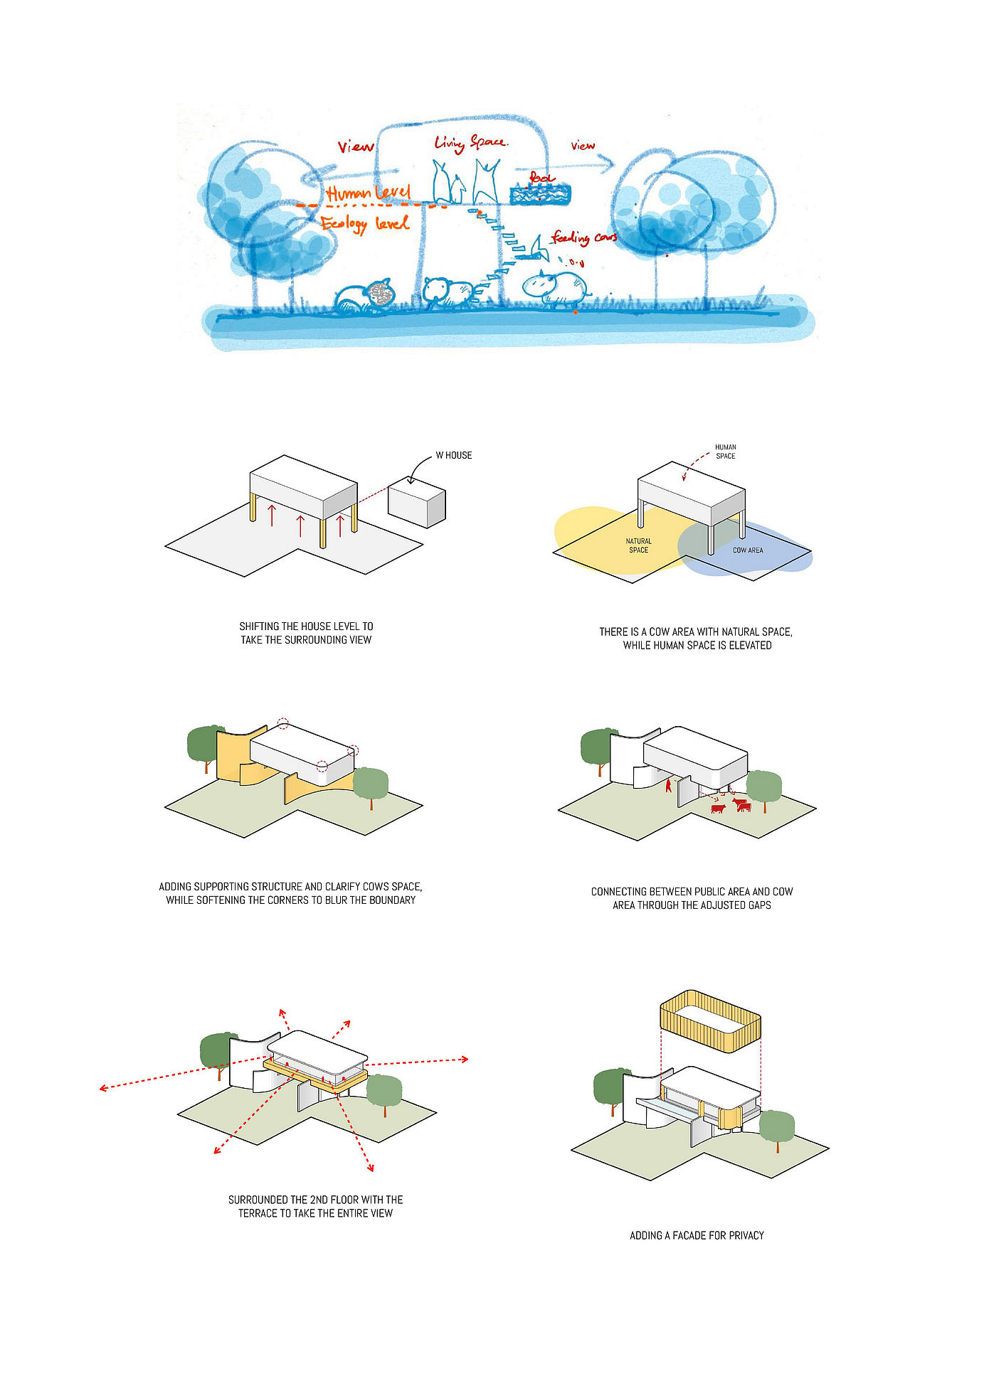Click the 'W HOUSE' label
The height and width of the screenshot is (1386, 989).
453,455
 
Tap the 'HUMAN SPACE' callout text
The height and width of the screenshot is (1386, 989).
725,452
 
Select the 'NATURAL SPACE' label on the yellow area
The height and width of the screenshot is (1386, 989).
638,545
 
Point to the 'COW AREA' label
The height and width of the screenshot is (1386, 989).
747,550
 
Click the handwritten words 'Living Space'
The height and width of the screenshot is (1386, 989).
470,143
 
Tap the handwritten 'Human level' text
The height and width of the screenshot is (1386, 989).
369,192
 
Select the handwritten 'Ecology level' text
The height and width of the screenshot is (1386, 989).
365,224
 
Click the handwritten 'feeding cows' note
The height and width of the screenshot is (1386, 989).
584,238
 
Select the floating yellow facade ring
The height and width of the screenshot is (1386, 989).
710,1020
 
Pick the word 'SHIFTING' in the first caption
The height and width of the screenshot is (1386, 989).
259,627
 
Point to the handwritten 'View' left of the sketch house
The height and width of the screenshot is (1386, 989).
355,147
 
